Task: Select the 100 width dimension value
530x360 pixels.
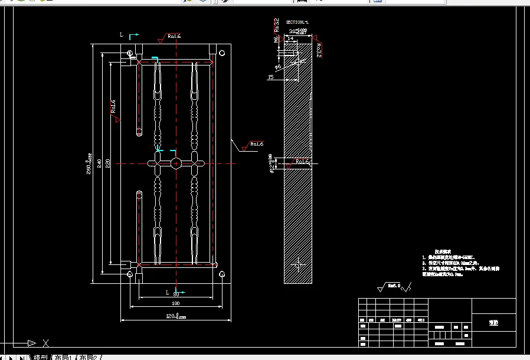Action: pyautogui.click(x=175, y=303)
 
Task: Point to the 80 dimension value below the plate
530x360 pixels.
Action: pyautogui.click(x=176, y=293)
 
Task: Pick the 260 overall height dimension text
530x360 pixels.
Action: pyautogui.click(x=89, y=163)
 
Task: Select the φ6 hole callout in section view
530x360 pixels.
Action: pyautogui.click(x=278, y=67)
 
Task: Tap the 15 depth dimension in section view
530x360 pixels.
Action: pyautogui.click(x=270, y=77)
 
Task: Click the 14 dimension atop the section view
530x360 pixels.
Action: pyautogui.click(x=290, y=38)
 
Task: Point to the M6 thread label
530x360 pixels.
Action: pyautogui.click(x=276, y=40)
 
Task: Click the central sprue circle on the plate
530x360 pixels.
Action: pyautogui.click(x=176, y=163)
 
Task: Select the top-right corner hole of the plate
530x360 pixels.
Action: pyautogui.click(x=223, y=53)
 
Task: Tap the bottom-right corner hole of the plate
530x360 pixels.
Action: pyautogui.click(x=222, y=274)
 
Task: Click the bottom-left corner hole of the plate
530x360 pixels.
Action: pyautogui.click(x=130, y=274)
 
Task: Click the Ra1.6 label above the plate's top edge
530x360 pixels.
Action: pyautogui.click(x=174, y=36)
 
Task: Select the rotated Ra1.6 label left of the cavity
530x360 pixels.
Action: pyautogui.click(x=113, y=106)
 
